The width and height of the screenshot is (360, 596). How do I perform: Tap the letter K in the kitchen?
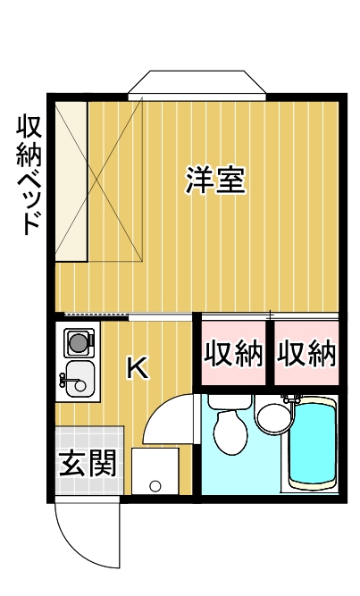click(137, 366)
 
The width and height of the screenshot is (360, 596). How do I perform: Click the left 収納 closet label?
click(234, 355)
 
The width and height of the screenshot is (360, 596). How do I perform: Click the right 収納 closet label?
click(306, 355)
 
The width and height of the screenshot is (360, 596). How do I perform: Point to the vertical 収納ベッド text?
click(29, 173)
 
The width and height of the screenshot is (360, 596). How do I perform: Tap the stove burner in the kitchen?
click(79, 340)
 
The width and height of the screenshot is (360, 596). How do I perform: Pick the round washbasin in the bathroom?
click(270, 416)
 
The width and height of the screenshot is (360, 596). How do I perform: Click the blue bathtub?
click(312, 441)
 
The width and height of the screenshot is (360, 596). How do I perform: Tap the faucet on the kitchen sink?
click(63, 381)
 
